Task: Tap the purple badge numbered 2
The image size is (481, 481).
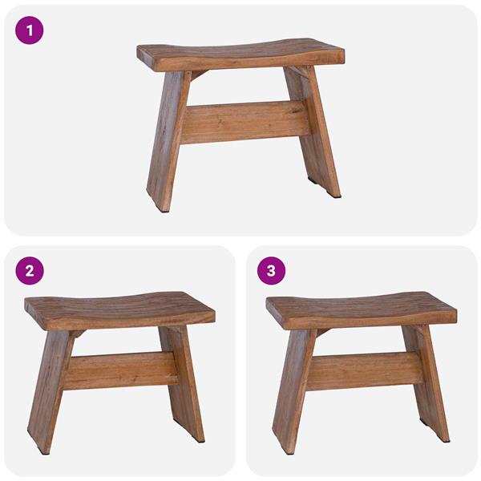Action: point(30,270)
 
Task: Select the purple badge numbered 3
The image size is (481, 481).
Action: point(271,270)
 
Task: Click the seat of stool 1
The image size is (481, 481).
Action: point(240,55)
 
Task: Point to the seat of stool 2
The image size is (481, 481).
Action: point(120,308)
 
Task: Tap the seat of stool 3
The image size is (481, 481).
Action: point(362,308)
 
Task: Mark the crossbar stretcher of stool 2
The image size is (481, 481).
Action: point(120,370)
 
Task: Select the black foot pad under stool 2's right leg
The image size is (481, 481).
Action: point(200,442)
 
